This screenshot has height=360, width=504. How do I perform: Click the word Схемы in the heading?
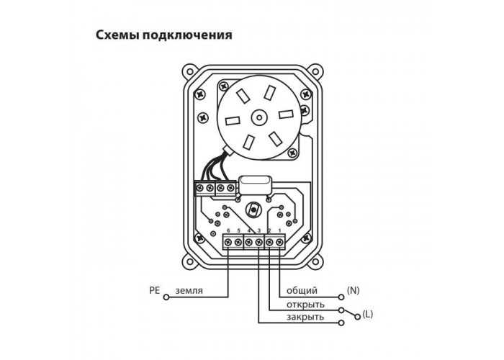(x=117, y=35)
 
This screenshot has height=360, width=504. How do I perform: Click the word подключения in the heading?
(x=187, y=35)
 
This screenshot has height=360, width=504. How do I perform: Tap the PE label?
(x=154, y=291)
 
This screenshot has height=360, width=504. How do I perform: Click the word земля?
(x=189, y=291)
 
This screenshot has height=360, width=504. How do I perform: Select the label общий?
(x=302, y=291)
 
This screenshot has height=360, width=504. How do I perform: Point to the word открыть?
(x=305, y=305)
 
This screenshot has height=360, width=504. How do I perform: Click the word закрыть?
(x=305, y=318)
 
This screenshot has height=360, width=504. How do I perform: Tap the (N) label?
(x=353, y=290)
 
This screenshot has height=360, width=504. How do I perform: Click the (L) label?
(x=367, y=315)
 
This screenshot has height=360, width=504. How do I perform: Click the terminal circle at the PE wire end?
(x=166, y=297)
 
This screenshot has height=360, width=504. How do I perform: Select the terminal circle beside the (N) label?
(x=341, y=297)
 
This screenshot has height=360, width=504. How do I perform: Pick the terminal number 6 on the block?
(x=228, y=230)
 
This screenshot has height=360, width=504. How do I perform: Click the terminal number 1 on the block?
(x=279, y=230)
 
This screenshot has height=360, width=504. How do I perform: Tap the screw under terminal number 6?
(x=228, y=243)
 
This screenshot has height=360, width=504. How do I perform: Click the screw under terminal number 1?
(x=279, y=243)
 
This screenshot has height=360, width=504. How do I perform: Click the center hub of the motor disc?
(x=258, y=117)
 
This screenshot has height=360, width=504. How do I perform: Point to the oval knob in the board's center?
(x=253, y=210)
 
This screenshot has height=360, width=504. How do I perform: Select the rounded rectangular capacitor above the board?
(x=254, y=185)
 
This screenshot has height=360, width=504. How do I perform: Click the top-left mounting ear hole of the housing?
(x=189, y=72)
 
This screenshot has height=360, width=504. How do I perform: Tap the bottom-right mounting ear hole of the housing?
(x=315, y=260)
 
